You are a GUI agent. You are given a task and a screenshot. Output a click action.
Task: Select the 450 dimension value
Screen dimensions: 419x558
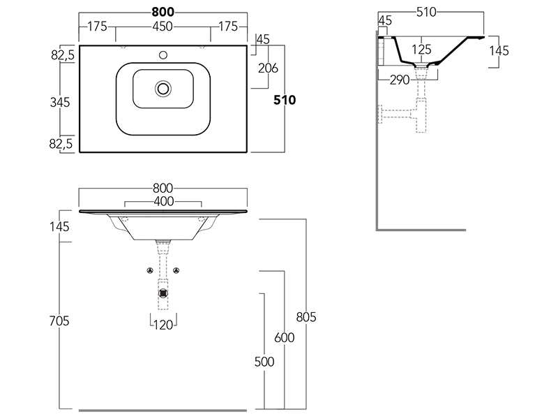click(163, 27)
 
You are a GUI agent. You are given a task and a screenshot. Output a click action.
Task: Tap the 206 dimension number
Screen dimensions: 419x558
click(269, 68)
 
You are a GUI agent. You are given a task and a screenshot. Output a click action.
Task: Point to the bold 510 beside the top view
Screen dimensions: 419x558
click(285, 100)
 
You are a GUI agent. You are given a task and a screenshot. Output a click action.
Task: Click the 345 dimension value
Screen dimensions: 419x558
click(61, 102)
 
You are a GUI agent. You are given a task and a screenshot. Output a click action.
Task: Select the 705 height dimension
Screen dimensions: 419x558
click(61, 321)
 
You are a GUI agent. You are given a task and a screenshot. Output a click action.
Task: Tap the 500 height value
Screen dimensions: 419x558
click(264, 362)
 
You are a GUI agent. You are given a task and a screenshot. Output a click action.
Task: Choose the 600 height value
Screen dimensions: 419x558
click(285, 338)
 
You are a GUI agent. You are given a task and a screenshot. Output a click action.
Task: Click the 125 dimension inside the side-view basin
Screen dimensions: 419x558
click(421, 50)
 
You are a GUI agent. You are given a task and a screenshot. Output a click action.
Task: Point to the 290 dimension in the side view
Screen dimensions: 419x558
click(400, 80)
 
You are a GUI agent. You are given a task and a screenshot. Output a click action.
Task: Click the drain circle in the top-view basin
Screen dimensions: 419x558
click(164, 88)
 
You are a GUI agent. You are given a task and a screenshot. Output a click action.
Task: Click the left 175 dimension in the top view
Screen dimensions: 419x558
click(97, 27)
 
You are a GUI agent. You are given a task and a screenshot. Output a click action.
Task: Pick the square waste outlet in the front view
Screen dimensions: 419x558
click(163, 293)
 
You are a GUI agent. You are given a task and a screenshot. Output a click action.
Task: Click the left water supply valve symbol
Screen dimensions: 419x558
click(150, 270)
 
